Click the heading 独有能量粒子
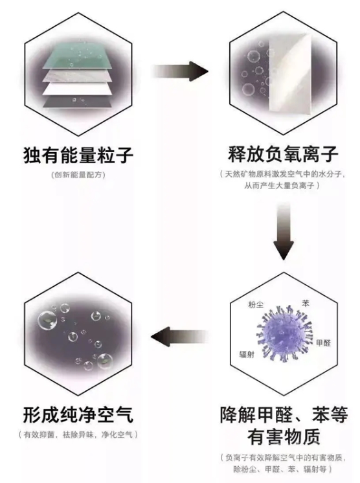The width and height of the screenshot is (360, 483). click(x=78, y=155)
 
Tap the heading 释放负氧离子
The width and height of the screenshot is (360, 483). click(x=283, y=154)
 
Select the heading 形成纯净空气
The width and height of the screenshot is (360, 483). click(x=78, y=414)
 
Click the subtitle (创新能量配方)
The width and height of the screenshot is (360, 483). click(x=78, y=175)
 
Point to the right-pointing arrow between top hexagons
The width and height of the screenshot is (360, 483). click(x=180, y=71)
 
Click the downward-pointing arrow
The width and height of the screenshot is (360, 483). click(x=284, y=231)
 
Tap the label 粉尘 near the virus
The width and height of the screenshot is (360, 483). click(x=256, y=305)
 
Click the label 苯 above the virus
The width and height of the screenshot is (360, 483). click(x=306, y=304)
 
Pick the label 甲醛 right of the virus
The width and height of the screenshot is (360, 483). click(x=323, y=343)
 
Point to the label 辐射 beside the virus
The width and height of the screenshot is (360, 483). click(x=247, y=355)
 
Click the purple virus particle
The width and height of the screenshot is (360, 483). click(x=285, y=333)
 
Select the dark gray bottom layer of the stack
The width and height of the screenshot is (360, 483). click(x=77, y=102)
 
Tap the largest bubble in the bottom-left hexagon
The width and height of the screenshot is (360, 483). click(x=47, y=320)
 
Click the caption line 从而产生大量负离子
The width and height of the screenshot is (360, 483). click(x=282, y=185)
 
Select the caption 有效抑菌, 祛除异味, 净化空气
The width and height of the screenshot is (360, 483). click(x=78, y=434)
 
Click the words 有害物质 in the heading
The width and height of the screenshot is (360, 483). click(x=284, y=436)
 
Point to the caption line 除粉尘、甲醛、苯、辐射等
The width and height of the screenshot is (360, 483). click(x=283, y=469)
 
